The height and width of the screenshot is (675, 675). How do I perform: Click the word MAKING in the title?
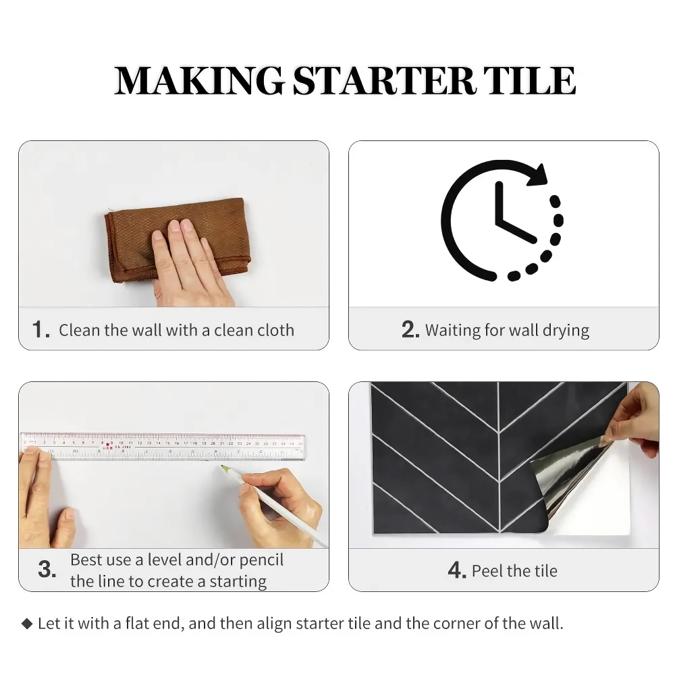(x=200, y=80)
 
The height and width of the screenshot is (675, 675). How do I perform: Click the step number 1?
(x=40, y=330)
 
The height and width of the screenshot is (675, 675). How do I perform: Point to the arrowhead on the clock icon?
(x=537, y=175)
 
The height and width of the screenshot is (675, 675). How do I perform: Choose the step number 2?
(x=410, y=330)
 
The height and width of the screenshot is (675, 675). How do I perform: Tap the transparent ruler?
(x=163, y=446)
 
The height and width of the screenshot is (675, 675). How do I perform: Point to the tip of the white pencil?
(x=222, y=466)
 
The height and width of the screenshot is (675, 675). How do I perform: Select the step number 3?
(x=47, y=569)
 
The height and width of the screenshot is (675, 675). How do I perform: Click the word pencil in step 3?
(x=261, y=560)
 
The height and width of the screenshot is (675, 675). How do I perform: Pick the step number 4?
(x=457, y=570)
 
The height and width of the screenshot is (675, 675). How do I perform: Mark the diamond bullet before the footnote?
(x=27, y=623)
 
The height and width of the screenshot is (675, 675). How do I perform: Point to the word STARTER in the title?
(x=384, y=80)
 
